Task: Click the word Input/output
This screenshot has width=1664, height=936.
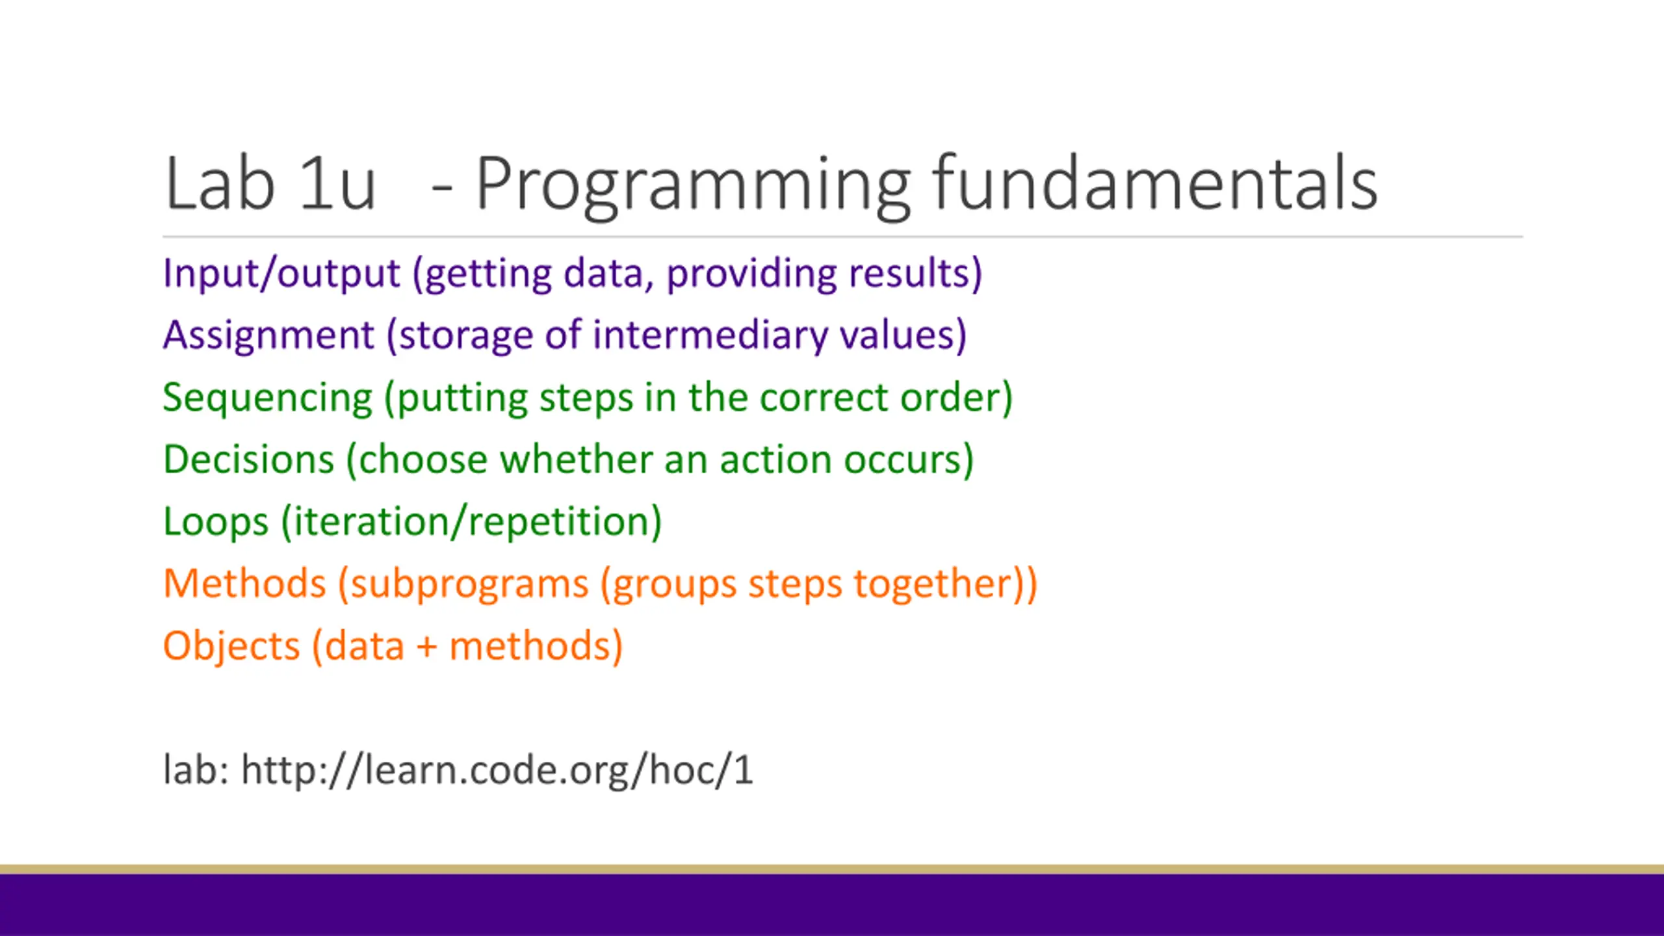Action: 281,273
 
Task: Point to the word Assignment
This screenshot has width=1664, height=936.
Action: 269,335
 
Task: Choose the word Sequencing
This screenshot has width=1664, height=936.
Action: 268,398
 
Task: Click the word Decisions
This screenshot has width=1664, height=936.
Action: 249,459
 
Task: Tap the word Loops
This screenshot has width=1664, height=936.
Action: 216,522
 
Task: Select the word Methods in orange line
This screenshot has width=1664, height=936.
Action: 244,583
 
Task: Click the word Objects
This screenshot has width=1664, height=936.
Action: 231,646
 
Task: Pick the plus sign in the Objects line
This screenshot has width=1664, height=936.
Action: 427,648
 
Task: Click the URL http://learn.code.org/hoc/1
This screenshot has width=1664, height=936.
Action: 497,770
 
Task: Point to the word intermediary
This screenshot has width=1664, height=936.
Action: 710,335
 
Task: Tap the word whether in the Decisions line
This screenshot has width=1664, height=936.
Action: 575,459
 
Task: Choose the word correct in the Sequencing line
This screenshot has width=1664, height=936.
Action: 823,398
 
